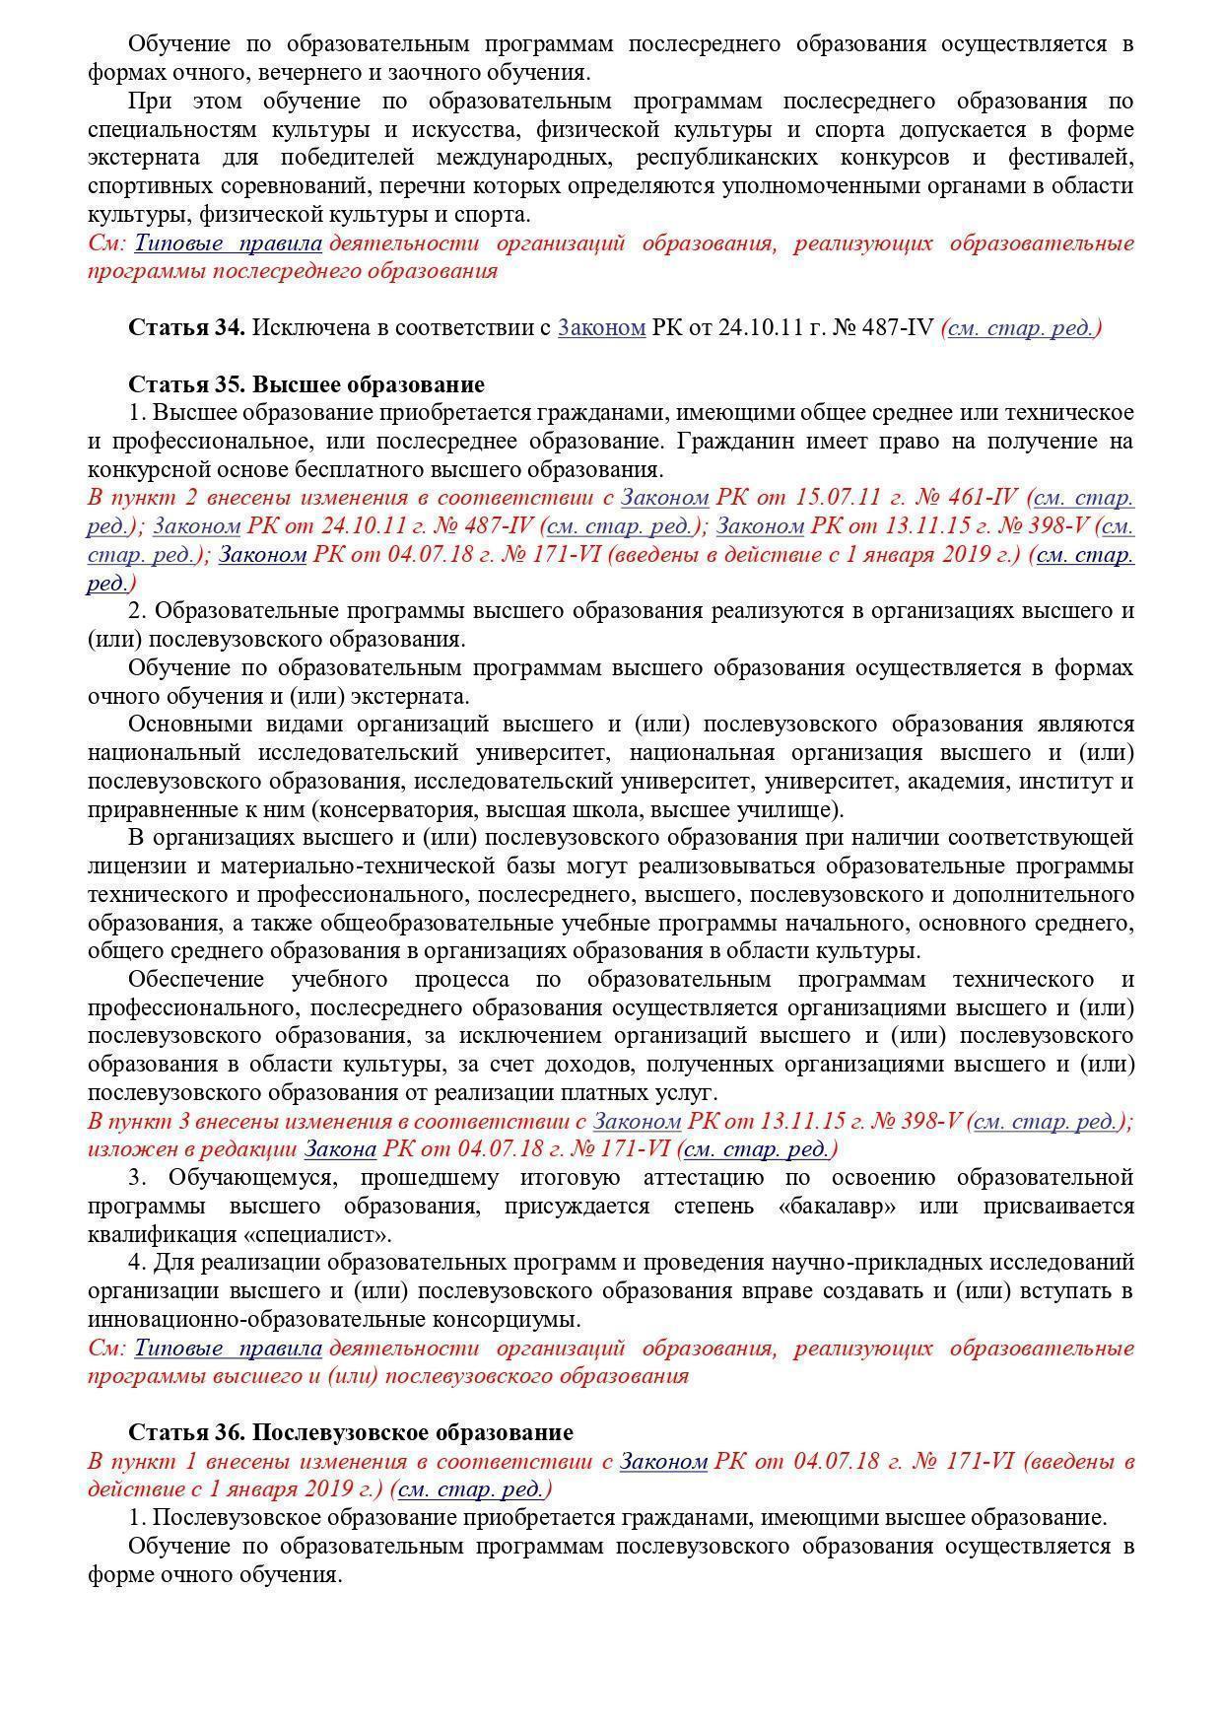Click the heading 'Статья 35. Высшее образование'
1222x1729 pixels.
click(306, 384)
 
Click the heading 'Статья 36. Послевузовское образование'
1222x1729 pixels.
click(351, 1432)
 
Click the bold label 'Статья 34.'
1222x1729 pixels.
click(186, 327)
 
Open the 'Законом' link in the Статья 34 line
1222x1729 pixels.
click(601, 327)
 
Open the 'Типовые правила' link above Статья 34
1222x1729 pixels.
click(229, 242)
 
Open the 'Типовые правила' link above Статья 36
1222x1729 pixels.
click(229, 1348)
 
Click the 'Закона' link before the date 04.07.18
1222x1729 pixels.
click(340, 1149)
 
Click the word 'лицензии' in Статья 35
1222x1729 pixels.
click(131, 866)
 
